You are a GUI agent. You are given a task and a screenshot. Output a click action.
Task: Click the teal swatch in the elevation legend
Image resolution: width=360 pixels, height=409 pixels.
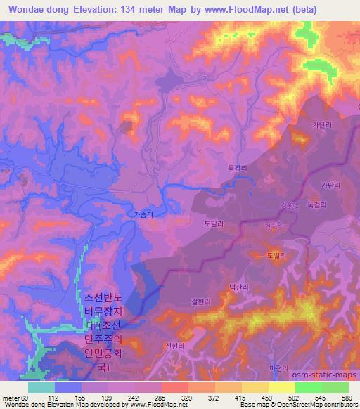coord(41,387)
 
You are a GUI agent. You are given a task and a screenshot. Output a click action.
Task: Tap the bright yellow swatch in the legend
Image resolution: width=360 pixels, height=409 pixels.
coord(281,387)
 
